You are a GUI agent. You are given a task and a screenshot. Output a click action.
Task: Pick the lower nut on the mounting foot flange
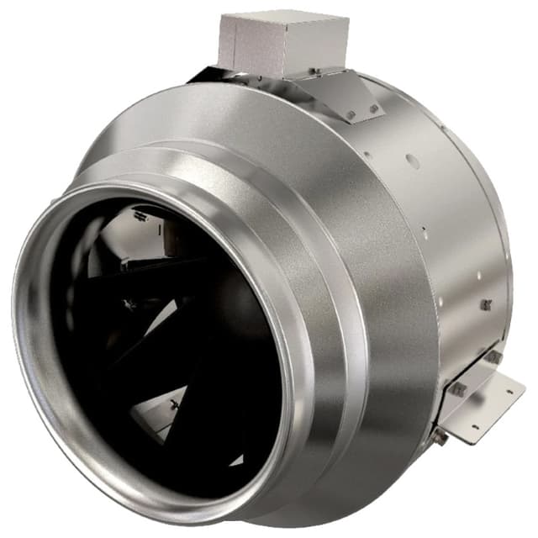[458, 389]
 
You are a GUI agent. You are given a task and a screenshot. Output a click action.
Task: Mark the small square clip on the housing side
[486, 304]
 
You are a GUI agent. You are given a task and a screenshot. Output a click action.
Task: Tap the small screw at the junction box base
[312, 71]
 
